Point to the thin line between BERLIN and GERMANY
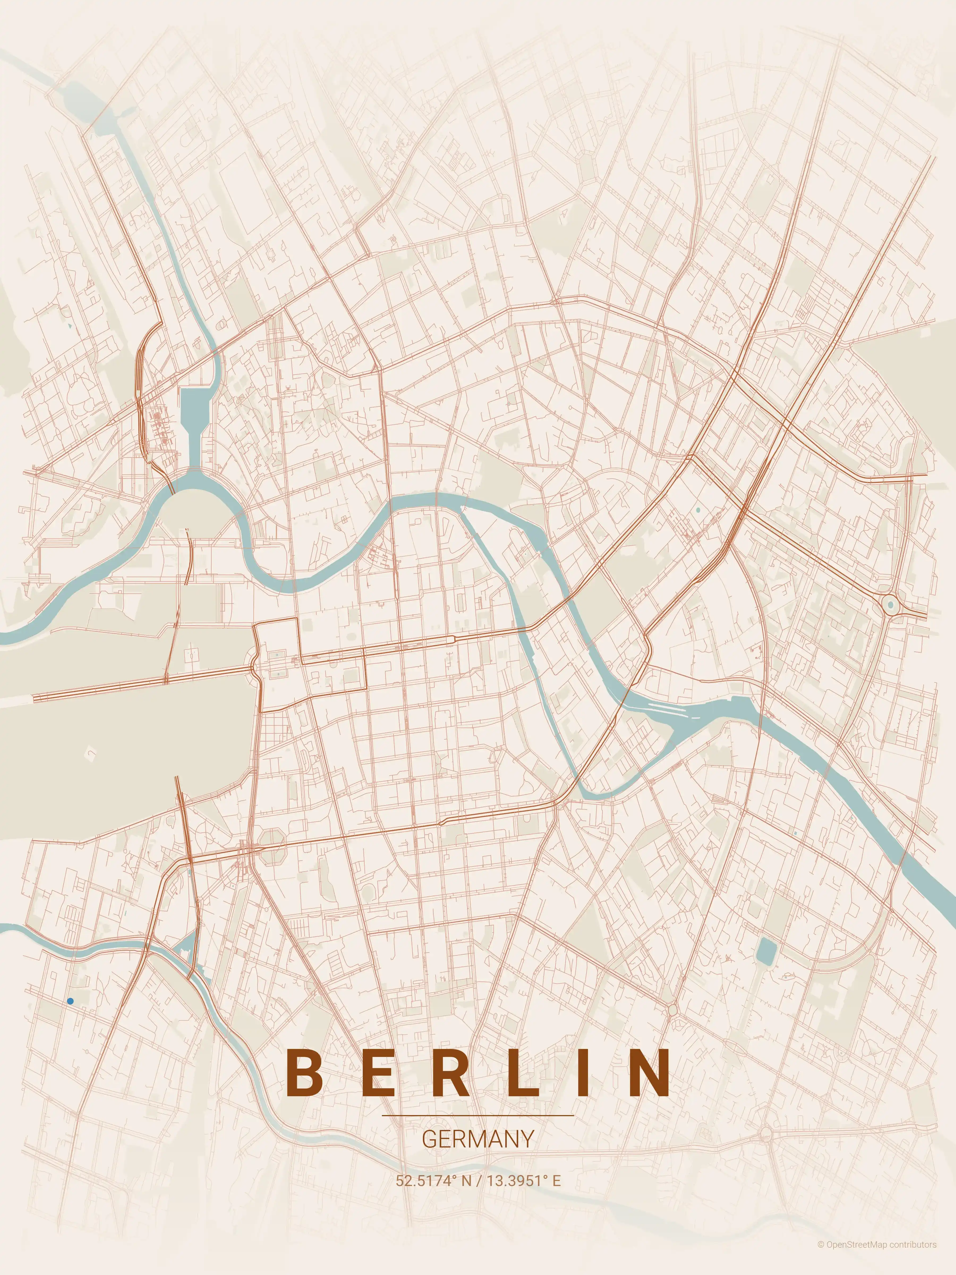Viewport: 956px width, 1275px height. tap(478, 1115)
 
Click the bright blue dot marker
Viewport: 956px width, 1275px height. tap(70, 1001)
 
